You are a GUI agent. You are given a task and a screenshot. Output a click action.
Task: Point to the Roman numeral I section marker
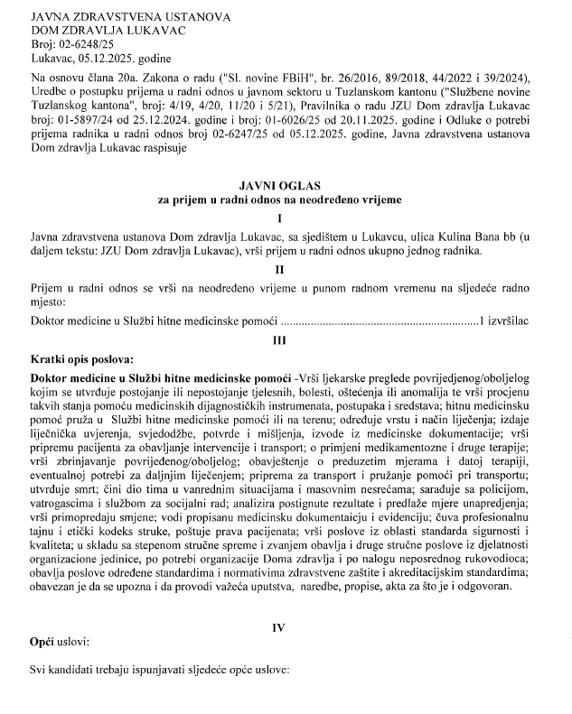pos(286,218)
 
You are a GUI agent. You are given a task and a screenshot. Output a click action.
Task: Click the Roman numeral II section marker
pos(286,268)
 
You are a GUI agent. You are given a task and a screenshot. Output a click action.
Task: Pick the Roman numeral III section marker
pos(286,341)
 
